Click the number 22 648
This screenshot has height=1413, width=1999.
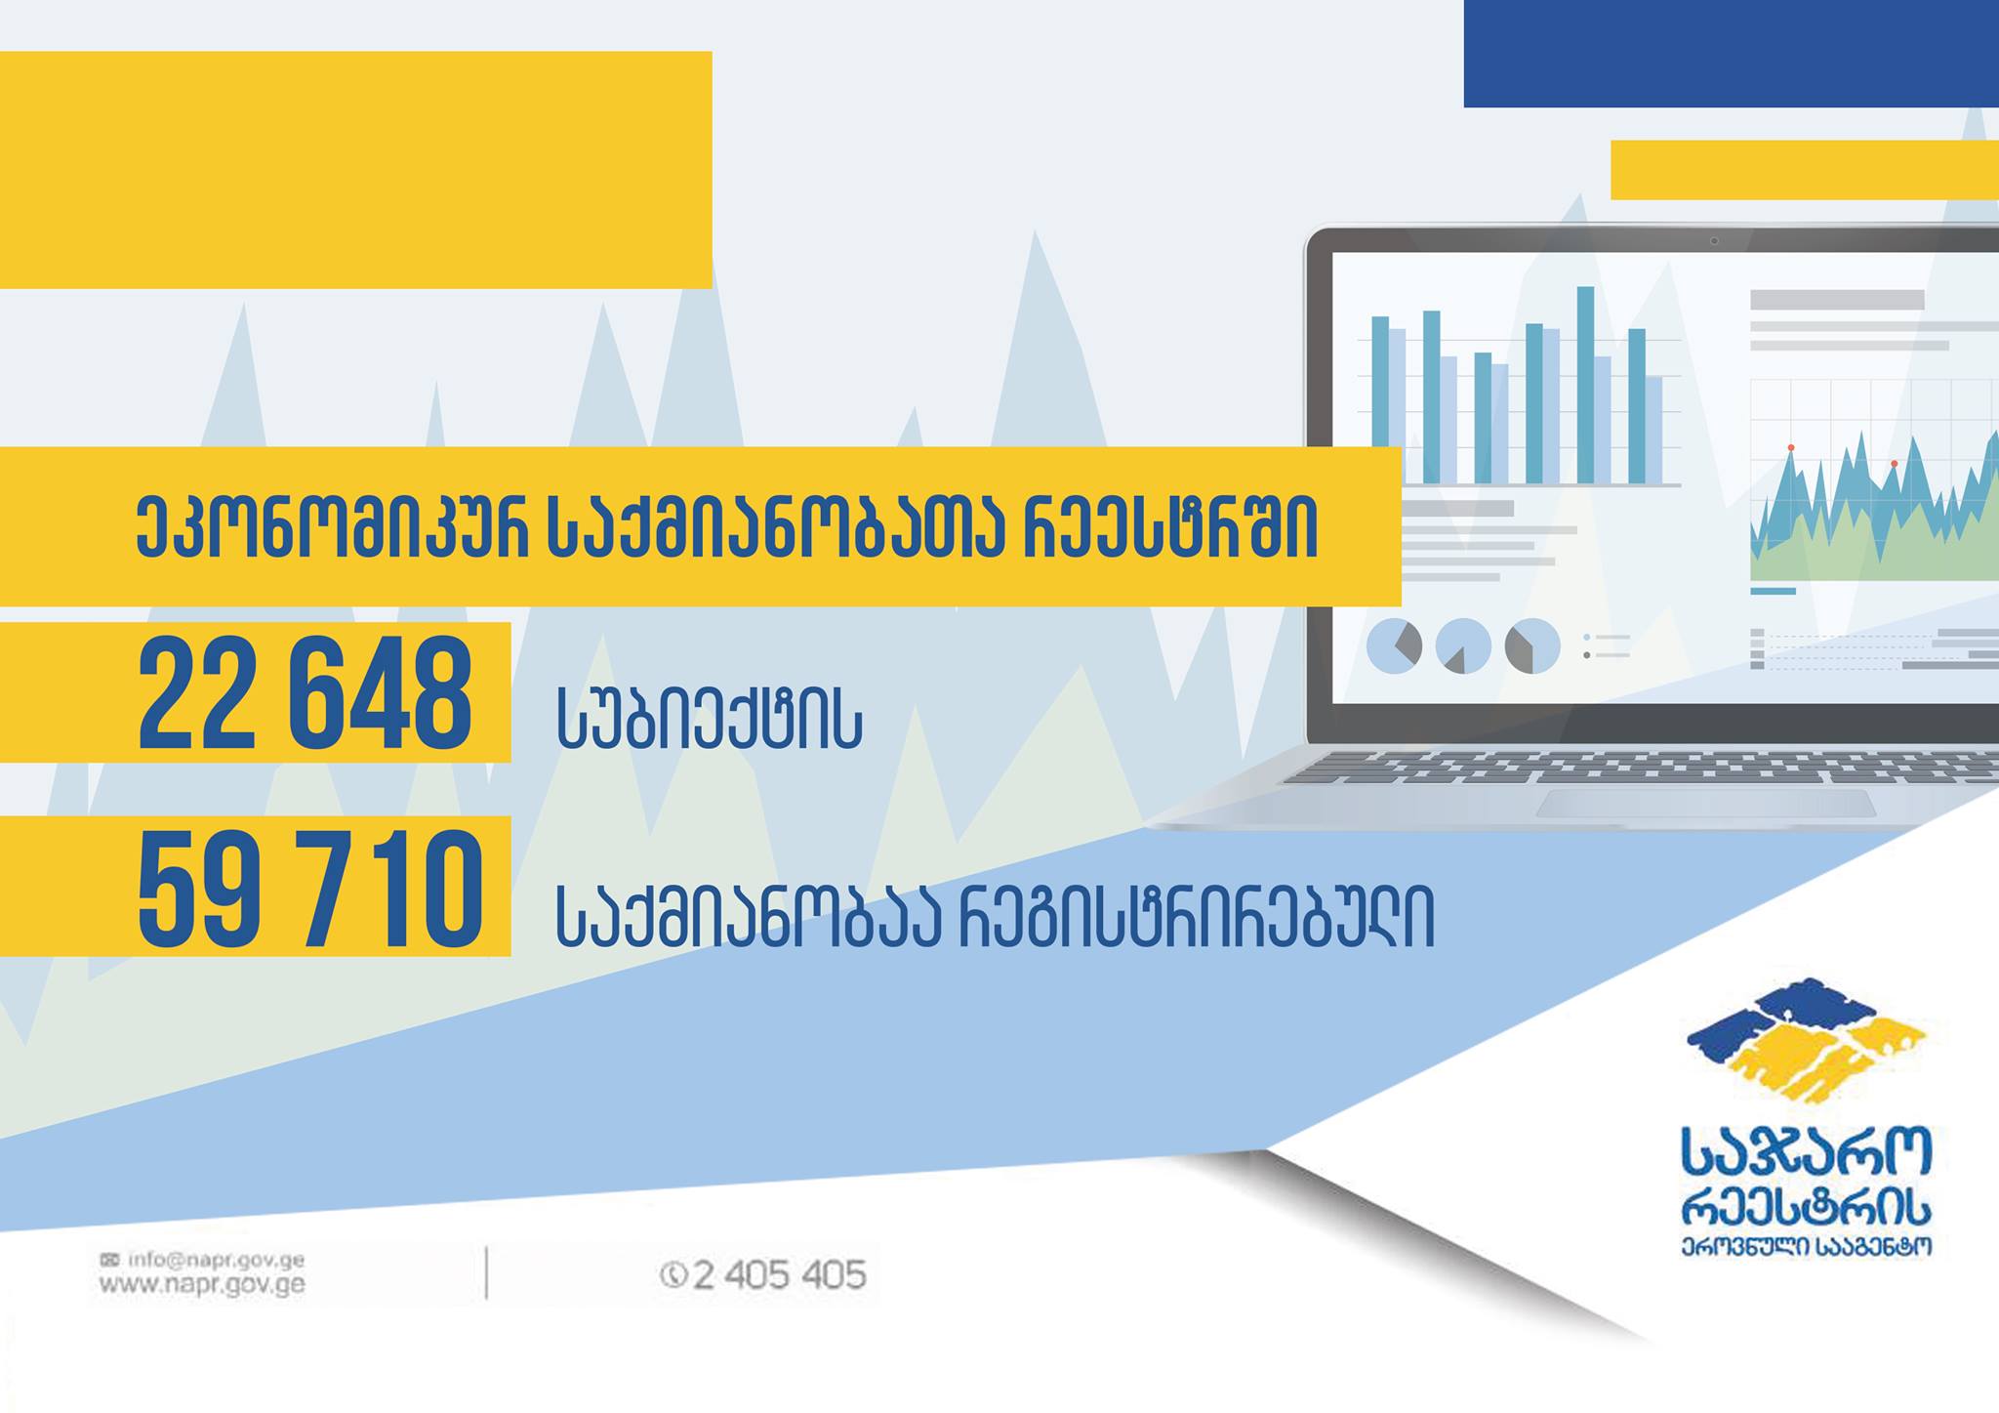pyautogui.click(x=306, y=694)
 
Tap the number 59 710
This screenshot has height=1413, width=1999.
pyautogui.click(x=310, y=890)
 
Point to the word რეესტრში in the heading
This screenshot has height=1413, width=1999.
pyautogui.click(x=1170, y=528)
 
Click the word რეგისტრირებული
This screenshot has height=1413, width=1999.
pyautogui.click(x=1196, y=917)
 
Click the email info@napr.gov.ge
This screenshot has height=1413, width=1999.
pyautogui.click(x=202, y=1260)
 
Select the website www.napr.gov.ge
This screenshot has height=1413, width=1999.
pyautogui.click(x=202, y=1285)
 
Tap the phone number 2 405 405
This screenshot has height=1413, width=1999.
pyautogui.click(x=763, y=1275)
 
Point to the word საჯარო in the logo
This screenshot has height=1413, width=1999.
pyautogui.click(x=1806, y=1152)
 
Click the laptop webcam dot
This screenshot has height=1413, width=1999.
pyautogui.click(x=1714, y=240)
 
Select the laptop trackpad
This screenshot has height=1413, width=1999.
pyautogui.click(x=1706, y=803)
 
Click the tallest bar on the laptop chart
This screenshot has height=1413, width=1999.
pyautogui.click(x=1585, y=385)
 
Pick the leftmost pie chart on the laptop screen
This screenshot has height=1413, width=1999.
pyautogui.click(x=1394, y=646)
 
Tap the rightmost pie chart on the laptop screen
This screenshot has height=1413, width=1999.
pyautogui.click(x=1532, y=646)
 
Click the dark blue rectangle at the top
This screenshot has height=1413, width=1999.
pyautogui.click(x=1732, y=54)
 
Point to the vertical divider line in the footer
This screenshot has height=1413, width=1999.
pyautogui.click(x=486, y=1272)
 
